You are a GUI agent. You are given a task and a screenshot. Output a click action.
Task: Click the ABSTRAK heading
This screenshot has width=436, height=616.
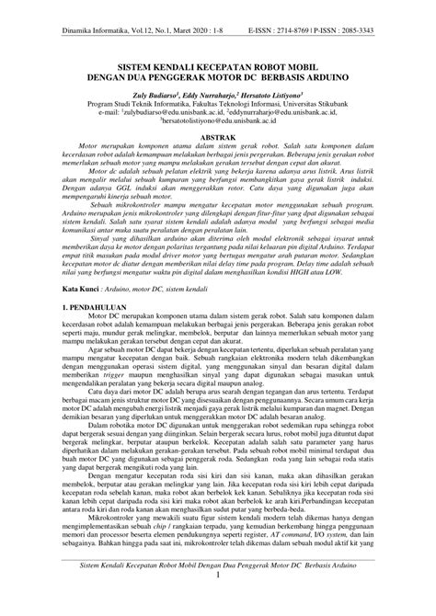pos(218,134)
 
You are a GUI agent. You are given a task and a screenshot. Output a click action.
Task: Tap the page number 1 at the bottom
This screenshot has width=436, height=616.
pos(218,600)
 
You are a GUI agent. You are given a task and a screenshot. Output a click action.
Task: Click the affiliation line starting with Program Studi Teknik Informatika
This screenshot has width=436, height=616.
pos(218,104)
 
